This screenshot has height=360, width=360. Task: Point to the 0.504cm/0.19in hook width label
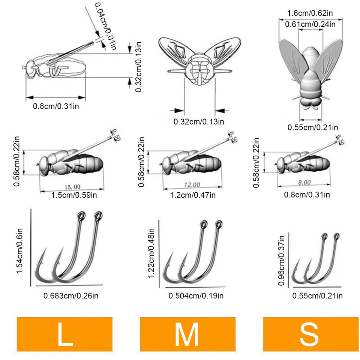pyautogui.click(x=196, y=296)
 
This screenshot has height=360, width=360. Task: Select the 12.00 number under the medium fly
pyautogui.click(x=192, y=184)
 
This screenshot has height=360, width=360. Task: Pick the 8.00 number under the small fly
pyautogui.click(x=304, y=183)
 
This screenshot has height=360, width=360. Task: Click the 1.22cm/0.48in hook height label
pyautogui.click(x=151, y=253)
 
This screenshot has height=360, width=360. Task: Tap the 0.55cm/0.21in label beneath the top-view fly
pyautogui.click(x=313, y=127)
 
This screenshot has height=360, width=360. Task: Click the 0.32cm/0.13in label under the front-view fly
pyautogui.click(x=199, y=121)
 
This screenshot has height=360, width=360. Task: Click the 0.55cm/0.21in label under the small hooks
pyautogui.click(x=317, y=296)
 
